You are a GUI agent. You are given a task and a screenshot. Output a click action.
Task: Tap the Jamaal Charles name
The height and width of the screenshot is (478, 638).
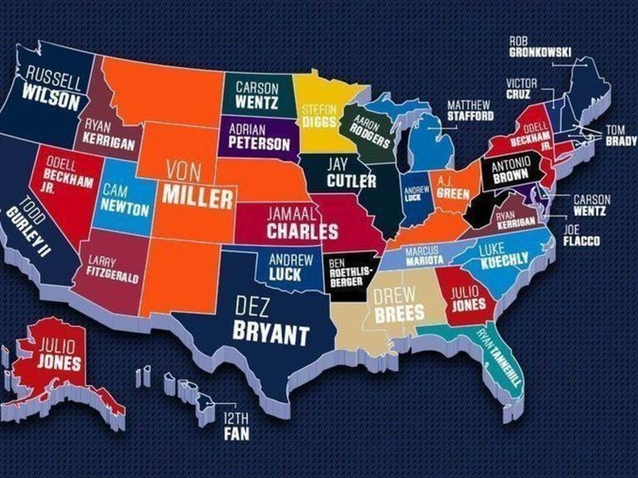(x=302, y=221)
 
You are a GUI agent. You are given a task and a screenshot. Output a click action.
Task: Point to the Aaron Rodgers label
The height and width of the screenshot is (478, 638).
(x=369, y=131)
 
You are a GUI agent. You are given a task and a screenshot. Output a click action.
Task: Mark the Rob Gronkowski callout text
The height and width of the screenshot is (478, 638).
(x=540, y=46)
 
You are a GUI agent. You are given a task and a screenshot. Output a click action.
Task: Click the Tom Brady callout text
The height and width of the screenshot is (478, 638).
(x=620, y=135)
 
